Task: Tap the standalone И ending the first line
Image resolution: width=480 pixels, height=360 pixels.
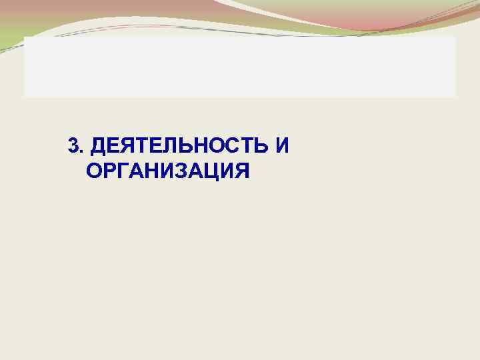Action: click(x=282, y=145)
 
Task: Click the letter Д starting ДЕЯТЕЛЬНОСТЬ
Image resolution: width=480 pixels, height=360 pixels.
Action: click(x=97, y=146)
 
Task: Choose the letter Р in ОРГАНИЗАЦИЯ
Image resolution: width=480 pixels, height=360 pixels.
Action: click(x=111, y=171)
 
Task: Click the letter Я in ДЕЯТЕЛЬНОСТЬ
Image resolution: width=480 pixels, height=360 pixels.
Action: click(x=126, y=145)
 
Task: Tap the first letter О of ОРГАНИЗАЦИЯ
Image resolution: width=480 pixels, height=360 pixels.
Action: click(x=95, y=171)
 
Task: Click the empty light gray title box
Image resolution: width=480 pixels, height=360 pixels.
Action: click(x=240, y=67)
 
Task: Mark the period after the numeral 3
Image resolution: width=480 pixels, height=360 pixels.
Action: click(x=81, y=150)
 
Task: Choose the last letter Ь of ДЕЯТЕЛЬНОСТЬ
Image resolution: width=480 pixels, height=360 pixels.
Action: click(x=262, y=145)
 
